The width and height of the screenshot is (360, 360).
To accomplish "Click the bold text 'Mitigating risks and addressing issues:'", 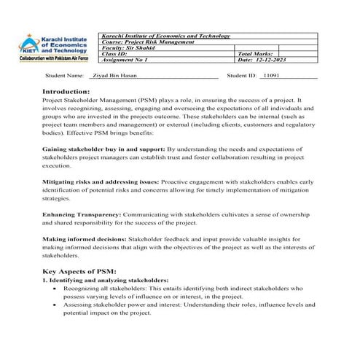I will tap(97, 179).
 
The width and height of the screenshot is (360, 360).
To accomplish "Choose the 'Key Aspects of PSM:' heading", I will tap(79, 270).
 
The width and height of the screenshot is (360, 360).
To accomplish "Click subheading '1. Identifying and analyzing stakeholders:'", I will tap(105, 280).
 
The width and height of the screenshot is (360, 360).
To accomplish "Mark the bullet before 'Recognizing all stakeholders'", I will tap(56, 289).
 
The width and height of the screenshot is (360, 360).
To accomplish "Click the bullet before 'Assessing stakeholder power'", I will tap(56, 305).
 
